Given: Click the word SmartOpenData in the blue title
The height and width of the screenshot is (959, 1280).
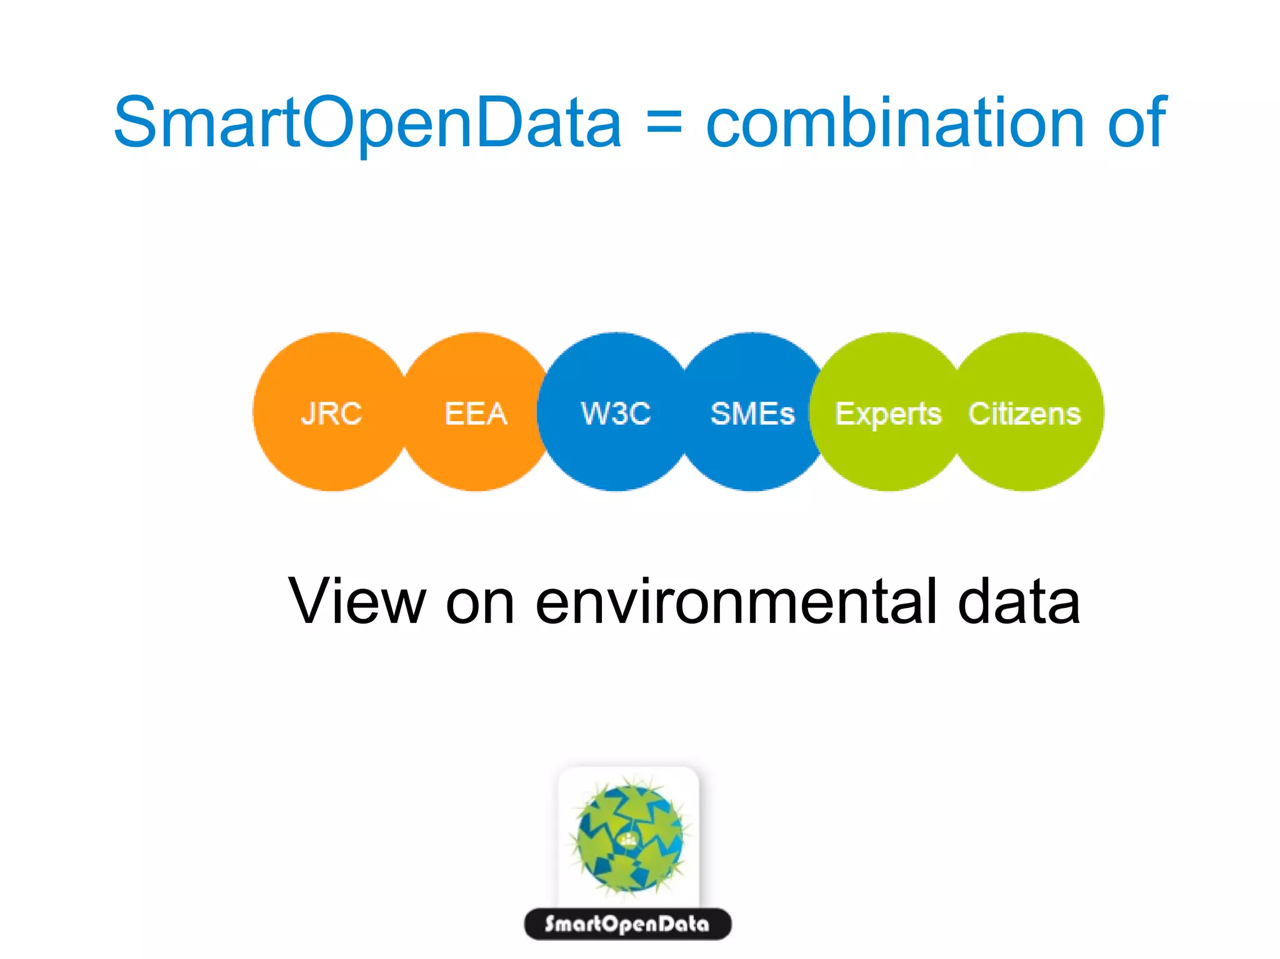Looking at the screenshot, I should point(367,123).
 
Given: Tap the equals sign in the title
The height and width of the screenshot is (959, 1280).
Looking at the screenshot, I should point(664,124).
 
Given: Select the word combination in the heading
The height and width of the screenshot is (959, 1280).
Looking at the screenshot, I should point(894,123).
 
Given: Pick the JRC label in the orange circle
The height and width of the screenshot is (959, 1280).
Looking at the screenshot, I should point(331,414).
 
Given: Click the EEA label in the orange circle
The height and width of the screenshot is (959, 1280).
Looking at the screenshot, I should point(476,414).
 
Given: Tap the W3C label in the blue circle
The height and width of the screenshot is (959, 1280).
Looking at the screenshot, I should point(616,414).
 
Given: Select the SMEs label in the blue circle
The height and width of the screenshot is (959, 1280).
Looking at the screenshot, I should point(752,414).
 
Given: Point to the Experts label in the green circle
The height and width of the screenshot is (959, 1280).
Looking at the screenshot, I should point(888,414).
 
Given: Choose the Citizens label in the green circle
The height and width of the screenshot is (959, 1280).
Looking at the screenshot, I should point(1024,414).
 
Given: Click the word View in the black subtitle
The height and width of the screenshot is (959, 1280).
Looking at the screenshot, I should point(356,601).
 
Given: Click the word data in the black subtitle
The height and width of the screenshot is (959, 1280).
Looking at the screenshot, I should point(1019,601).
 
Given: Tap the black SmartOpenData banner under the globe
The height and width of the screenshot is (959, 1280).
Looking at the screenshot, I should point(627,924).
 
